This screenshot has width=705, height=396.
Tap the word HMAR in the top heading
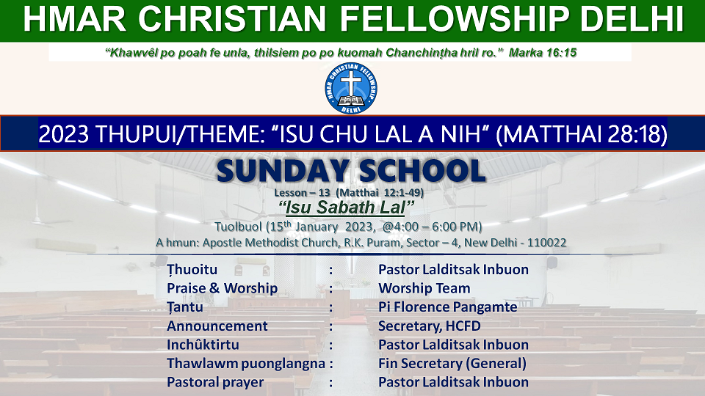pos(75,19)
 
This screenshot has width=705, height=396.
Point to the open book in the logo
pos(351,100)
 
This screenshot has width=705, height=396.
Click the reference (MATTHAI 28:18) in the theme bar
pos(582,133)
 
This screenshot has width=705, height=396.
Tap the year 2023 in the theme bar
pos(63,133)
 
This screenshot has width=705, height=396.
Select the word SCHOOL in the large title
pos(422,171)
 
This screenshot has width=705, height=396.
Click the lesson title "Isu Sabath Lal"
pos(346,208)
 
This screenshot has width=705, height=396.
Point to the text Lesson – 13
pos(302,193)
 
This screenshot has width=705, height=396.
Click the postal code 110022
pos(546,243)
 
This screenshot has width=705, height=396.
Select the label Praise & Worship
pos(222,288)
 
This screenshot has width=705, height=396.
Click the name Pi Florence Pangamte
pos(448,307)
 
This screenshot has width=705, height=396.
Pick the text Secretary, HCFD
pos(430,326)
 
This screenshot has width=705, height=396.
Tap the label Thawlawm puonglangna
pos(246,364)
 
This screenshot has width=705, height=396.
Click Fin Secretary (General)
pos(452,364)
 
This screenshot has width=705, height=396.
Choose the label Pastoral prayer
pos(215,383)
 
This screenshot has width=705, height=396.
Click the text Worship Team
pos(424,288)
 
